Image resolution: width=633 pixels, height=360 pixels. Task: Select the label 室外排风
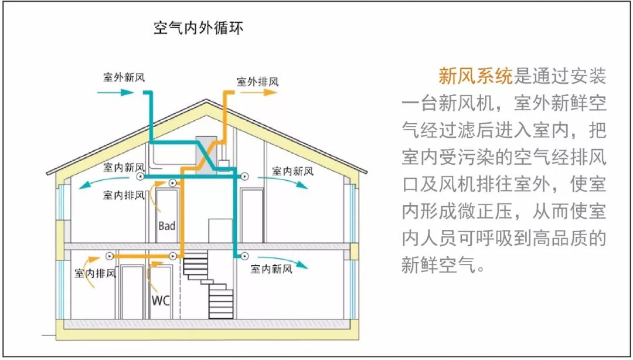[257, 81]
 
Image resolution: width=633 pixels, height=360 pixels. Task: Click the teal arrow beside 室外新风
[121, 92]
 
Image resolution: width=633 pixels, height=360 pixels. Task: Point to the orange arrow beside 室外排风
[266, 92]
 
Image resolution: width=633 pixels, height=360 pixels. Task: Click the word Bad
[166, 225]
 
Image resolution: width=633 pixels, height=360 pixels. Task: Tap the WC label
[161, 301]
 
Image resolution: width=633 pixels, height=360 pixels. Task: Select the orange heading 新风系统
[475, 76]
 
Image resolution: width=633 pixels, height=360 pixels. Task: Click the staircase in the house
[208, 284]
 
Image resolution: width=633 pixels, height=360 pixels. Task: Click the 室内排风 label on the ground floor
[96, 273]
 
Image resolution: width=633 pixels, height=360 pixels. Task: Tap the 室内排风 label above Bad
[124, 195]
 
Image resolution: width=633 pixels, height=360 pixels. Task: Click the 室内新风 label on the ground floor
[271, 269]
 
